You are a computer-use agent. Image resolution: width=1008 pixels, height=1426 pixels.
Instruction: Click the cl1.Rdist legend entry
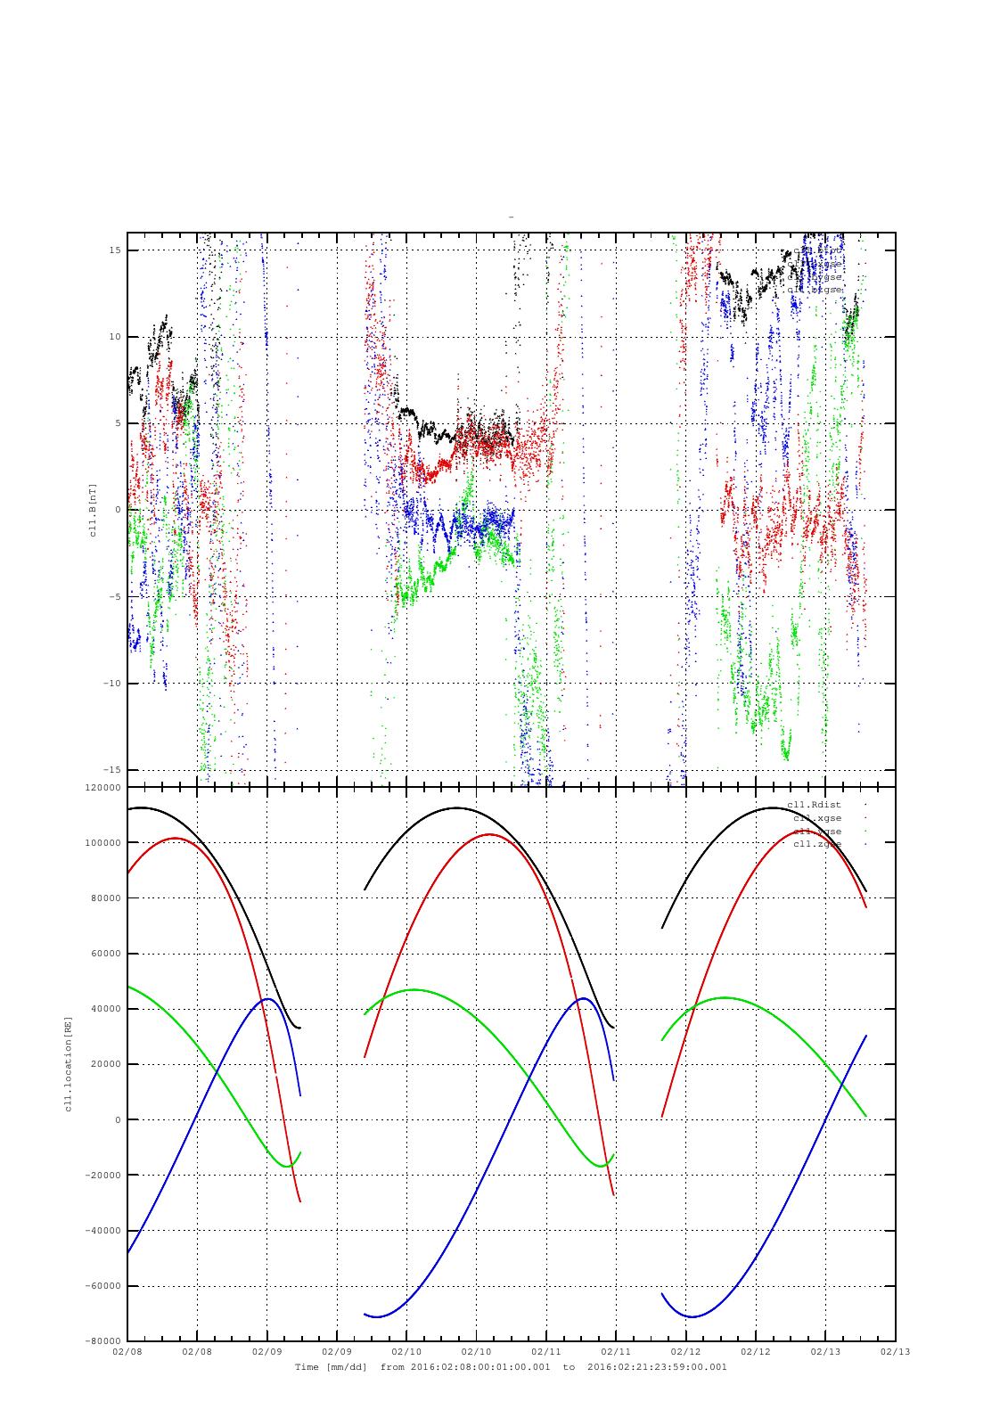coord(814,805)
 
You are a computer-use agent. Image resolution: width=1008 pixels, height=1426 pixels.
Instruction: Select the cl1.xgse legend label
coord(817,818)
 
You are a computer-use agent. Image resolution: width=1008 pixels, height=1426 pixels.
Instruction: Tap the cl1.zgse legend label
coord(817,844)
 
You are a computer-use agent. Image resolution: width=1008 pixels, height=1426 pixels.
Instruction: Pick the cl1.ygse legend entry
coord(817,832)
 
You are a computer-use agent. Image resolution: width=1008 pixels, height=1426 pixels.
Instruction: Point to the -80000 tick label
coord(101,1341)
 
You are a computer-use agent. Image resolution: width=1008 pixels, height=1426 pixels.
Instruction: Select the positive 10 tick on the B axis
coord(113,337)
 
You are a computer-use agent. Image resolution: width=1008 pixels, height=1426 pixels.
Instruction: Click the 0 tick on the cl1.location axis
coord(118,1120)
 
